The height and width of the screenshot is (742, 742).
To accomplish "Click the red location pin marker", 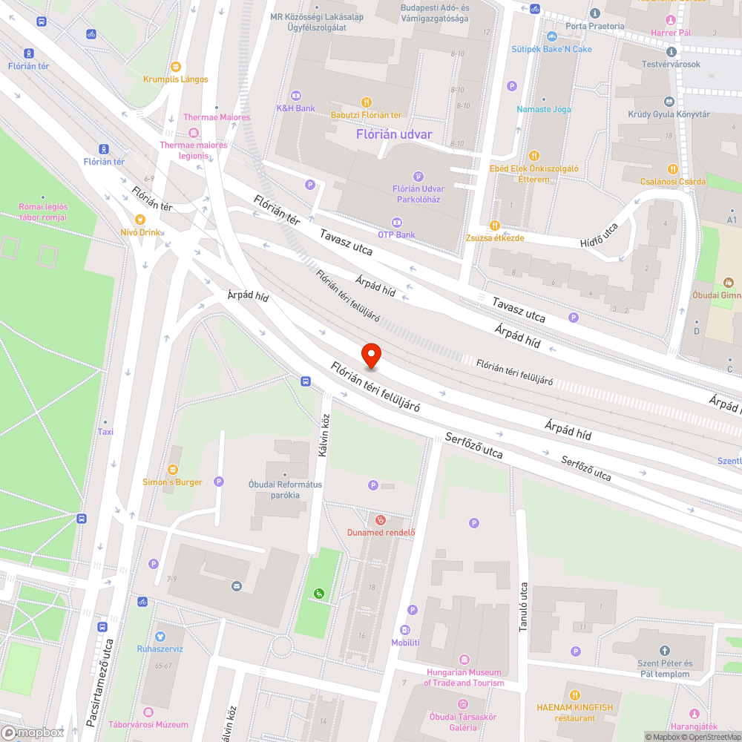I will (370, 356).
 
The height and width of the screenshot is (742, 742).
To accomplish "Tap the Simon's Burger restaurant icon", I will (172, 469).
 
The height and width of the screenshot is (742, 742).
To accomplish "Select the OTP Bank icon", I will (396, 222).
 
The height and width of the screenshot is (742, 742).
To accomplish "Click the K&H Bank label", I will (295, 108).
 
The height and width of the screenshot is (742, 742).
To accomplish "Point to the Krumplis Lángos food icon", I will (175, 66).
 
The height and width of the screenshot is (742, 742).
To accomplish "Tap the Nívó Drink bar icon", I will (139, 219).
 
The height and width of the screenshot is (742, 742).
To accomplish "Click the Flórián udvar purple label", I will (394, 134).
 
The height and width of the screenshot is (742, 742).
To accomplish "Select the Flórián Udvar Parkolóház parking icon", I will (418, 177).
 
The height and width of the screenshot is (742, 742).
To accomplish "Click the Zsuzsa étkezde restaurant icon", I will (495, 226).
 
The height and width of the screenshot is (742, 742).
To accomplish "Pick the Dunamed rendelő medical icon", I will (381, 520).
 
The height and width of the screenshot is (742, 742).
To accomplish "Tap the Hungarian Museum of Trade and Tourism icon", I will (464, 660).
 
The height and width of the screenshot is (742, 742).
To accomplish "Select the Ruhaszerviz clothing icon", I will (160, 636).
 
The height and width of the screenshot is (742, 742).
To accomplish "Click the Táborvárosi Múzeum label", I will (148, 724).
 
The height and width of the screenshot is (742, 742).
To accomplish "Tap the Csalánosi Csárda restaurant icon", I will (673, 168).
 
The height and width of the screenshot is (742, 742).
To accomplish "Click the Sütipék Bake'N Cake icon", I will (551, 36).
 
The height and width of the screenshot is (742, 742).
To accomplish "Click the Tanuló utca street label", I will (523, 605).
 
